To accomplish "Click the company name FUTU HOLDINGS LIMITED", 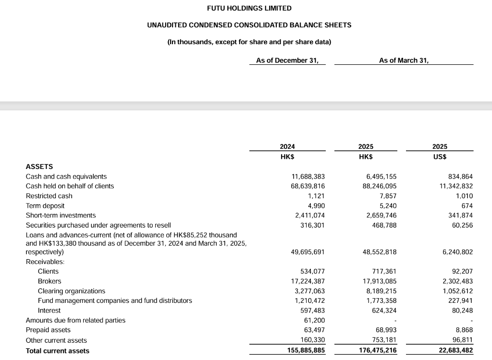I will coord(249,8).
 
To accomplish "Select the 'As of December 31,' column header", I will coord(287,60).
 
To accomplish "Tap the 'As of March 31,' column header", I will coord(404,60).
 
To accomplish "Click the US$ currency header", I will coord(440,156).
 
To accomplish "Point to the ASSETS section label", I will coord(39,167).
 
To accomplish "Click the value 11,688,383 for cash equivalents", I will coord(307,177).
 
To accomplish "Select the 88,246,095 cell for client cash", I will coord(380,186).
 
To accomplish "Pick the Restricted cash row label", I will coord(49,196).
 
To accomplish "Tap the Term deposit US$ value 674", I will coord(467,206).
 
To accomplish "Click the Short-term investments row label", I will coord(61,216).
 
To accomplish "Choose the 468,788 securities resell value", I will coord(383,225).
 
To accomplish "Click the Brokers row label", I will coord(49,281).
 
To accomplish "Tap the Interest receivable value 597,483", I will coord(313,311).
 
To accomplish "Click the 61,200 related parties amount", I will coord(315,320).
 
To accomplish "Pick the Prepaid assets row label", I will coord(48,330).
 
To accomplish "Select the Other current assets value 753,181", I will coord(383,340).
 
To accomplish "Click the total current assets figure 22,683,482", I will coord(453,351).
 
